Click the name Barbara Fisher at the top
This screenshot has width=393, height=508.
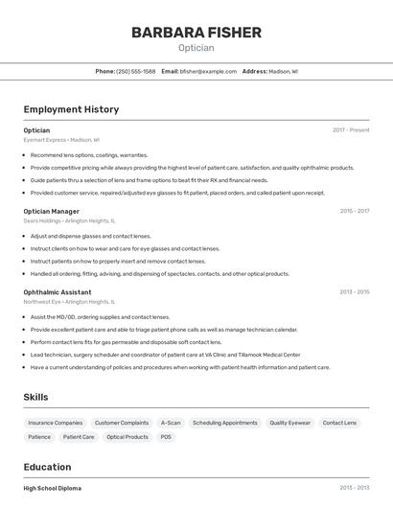click(x=196, y=33)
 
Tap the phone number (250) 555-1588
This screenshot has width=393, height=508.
click(x=135, y=71)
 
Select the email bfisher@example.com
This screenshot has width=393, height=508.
click(x=208, y=71)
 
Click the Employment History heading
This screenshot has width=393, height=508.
click(x=71, y=109)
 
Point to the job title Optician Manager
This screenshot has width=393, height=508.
click(x=51, y=211)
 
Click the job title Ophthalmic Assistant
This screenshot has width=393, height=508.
click(x=58, y=291)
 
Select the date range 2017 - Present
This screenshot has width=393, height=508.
click(x=351, y=130)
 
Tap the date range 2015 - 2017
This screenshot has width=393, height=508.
click(x=354, y=211)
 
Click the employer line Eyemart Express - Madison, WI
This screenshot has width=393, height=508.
click(x=61, y=140)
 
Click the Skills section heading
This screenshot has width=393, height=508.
click(x=36, y=397)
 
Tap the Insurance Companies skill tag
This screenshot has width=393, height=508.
click(x=55, y=423)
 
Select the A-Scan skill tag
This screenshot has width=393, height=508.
click(x=171, y=423)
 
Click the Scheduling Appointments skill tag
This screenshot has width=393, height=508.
click(x=224, y=423)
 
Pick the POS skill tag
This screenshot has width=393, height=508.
click(x=166, y=437)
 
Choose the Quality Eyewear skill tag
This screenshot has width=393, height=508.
click(x=289, y=423)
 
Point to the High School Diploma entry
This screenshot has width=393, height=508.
click(x=53, y=488)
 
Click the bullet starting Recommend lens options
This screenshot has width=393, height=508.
click(x=89, y=154)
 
